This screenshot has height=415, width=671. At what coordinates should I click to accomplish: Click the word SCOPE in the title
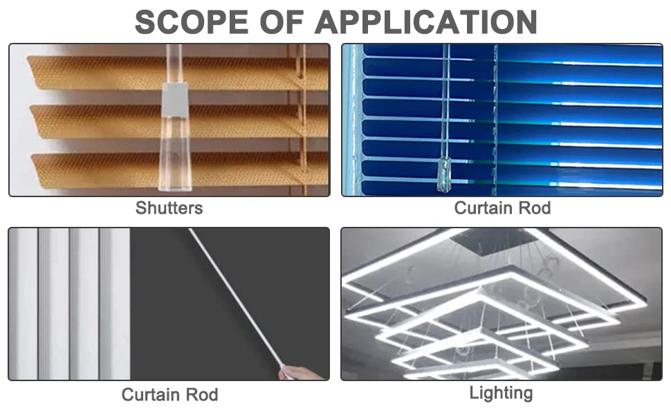point(192,22)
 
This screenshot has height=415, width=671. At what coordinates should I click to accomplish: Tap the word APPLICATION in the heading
point(426,22)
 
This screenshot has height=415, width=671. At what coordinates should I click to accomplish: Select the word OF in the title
point(282,22)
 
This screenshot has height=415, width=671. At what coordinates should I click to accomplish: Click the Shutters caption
point(169,208)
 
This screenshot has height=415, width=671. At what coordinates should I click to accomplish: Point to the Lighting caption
point(501,393)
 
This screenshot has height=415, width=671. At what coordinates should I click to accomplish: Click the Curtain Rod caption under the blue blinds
point(502,208)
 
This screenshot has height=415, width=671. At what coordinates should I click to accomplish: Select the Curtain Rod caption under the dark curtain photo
point(170,394)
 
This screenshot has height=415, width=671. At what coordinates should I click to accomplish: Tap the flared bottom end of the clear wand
point(175,171)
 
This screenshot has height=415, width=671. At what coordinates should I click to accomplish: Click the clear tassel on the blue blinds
point(444,174)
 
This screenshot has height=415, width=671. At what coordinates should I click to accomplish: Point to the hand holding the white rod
point(300,373)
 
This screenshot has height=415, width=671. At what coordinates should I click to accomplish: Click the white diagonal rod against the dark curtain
point(235,297)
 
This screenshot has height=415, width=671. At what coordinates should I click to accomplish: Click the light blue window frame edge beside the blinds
point(353,120)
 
